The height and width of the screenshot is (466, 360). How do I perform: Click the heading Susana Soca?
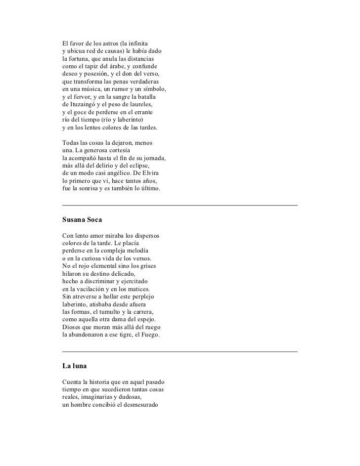coord(81,218)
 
